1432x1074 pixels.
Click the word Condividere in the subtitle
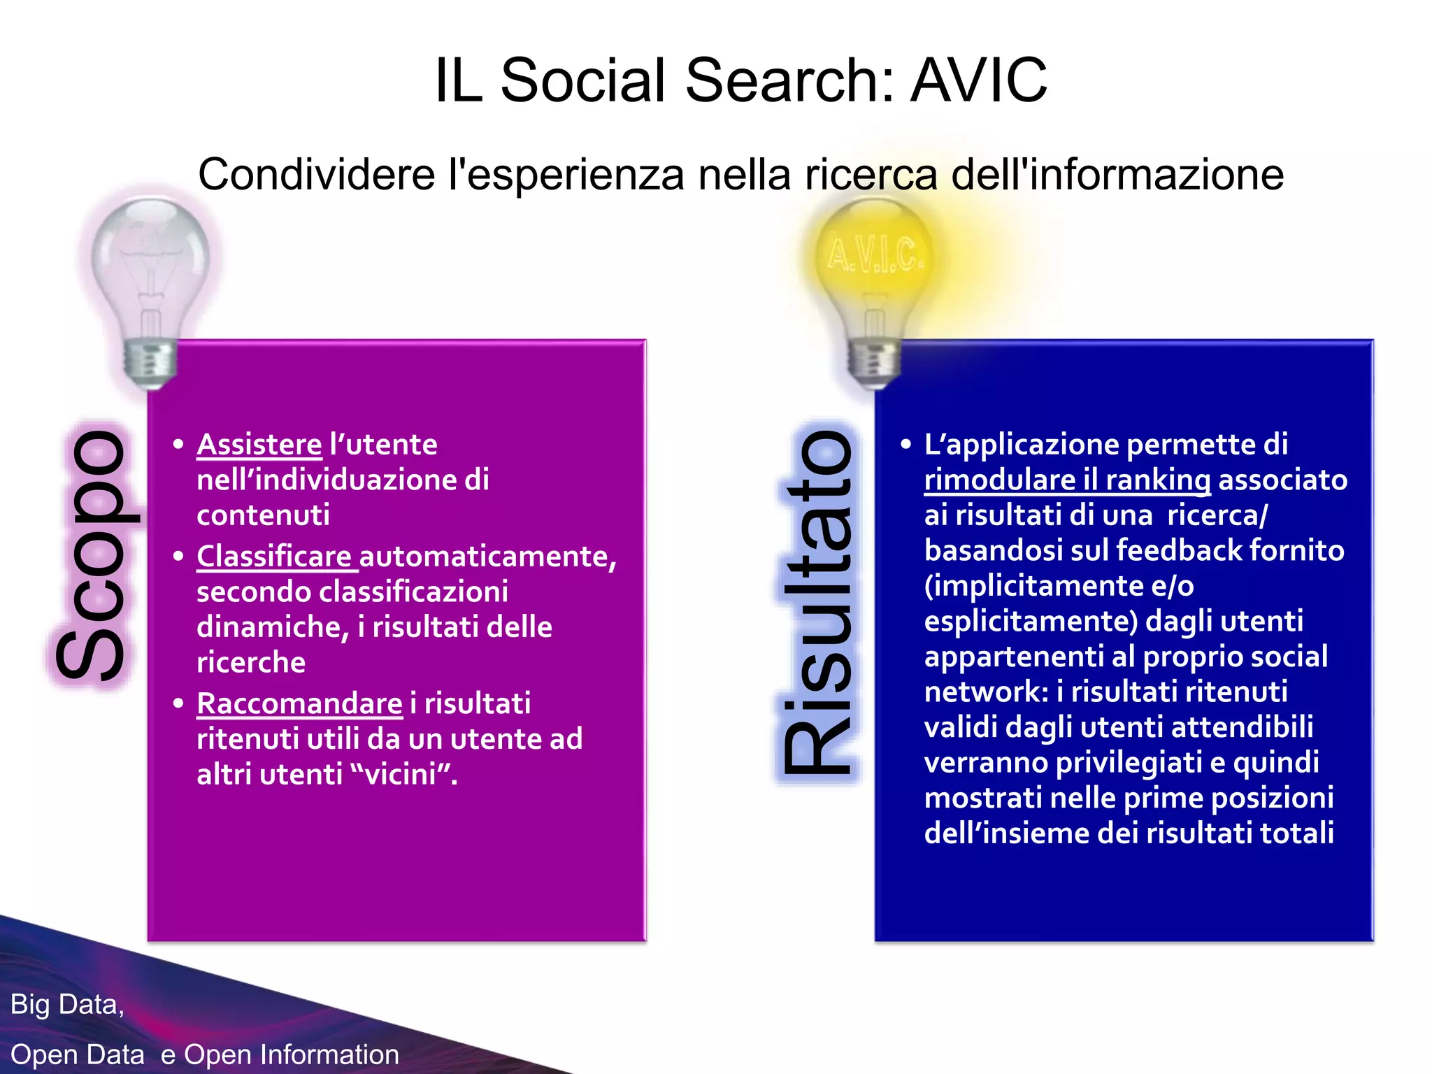(x=317, y=174)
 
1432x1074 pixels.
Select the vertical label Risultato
(x=817, y=603)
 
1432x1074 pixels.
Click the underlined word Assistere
(x=259, y=445)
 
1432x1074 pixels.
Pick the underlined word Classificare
(x=274, y=557)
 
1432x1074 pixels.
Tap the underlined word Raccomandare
(x=299, y=703)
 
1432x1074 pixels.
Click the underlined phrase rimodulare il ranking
(x=1067, y=480)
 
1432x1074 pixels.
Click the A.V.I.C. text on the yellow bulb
(x=875, y=255)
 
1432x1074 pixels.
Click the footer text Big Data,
(x=67, y=1005)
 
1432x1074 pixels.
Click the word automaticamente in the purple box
(x=487, y=557)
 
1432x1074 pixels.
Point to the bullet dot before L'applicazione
(x=906, y=445)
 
